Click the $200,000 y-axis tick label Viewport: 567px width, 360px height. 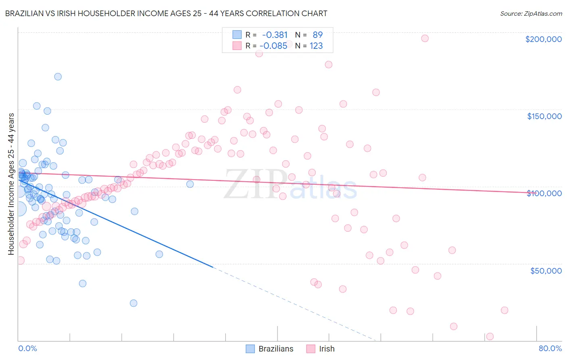pos(543,39)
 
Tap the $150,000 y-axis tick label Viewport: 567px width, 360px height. pos(544,116)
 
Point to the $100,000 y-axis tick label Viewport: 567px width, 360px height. pos(544,193)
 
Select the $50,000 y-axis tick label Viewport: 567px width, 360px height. pos(546,270)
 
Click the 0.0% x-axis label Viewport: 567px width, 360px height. pos(27,348)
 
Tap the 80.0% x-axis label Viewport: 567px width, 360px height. pos(550,348)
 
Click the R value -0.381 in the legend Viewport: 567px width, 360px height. pos(275,35)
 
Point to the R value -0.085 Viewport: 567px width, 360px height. pos(273,46)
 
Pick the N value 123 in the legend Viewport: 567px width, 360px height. pos(316,46)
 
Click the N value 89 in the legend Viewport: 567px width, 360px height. pos(317,35)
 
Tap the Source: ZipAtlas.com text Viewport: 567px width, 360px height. pos(531,13)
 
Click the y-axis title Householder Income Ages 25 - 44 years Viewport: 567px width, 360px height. pos(11,184)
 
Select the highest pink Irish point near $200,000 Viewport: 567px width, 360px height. pos(425,38)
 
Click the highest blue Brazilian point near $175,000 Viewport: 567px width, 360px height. pos(58,77)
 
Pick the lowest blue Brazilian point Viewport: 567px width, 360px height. pos(133,303)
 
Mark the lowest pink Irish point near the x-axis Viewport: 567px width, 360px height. pos(490,337)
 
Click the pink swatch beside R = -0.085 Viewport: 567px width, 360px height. pos(237,46)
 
